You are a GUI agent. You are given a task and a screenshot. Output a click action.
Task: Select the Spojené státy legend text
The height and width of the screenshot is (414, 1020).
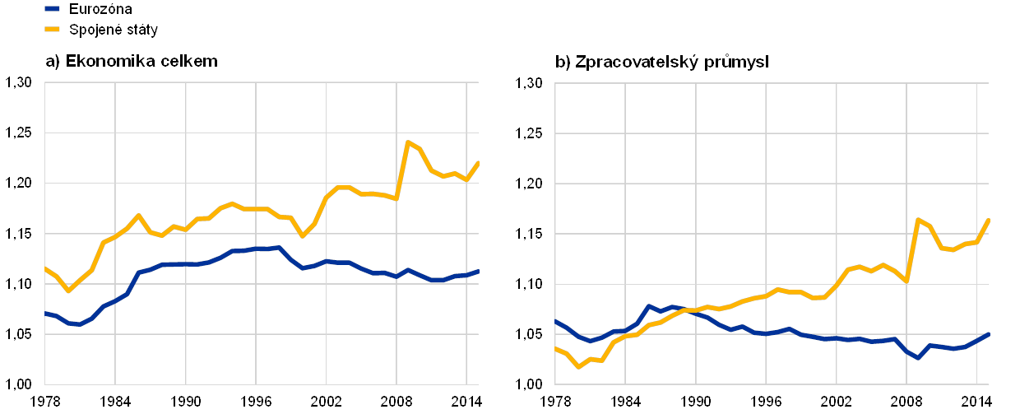(114, 30)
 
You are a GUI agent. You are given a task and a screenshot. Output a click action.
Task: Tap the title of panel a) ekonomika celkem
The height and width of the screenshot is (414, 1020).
(132, 61)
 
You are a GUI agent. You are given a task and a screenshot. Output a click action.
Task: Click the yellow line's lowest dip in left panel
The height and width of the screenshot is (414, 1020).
(68, 291)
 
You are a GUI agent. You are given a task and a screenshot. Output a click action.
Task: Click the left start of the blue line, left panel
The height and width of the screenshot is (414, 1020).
(44, 313)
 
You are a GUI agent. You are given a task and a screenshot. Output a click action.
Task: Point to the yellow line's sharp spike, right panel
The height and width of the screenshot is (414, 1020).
(918, 219)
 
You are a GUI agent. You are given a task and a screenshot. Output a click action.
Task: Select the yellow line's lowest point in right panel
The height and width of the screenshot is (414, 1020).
(578, 367)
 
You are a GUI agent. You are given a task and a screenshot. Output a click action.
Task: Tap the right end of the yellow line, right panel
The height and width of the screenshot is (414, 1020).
(989, 219)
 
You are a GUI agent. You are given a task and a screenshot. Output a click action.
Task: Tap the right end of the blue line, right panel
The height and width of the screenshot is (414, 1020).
(989, 333)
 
